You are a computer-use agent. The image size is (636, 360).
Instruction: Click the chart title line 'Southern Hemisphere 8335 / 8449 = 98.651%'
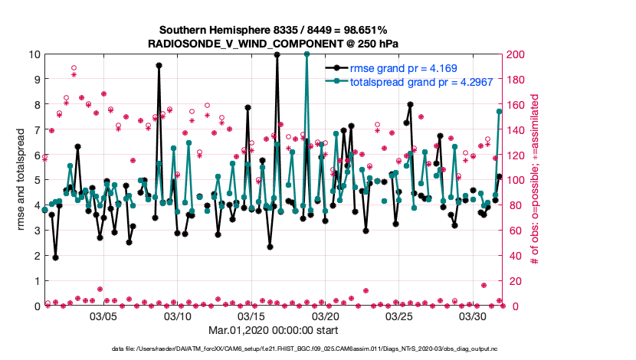pyautogui.click(x=274, y=31)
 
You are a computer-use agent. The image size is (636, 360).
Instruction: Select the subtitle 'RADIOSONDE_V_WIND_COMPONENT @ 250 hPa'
pyautogui.click(x=274, y=44)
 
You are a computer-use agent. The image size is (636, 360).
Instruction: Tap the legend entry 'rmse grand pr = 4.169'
pyautogui.click(x=403, y=68)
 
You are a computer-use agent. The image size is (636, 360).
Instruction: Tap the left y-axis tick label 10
pyautogui.click(x=34, y=54)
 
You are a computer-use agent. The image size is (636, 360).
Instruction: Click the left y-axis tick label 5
pyautogui.click(x=37, y=180)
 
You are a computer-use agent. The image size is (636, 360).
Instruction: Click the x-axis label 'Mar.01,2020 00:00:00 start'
pyautogui.click(x=274, y=330)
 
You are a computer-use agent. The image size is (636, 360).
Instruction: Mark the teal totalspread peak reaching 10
pyautogui.click(x=307, y=54)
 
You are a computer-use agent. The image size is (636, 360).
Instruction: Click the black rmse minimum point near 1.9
pyautogui.click(x=56, y=257)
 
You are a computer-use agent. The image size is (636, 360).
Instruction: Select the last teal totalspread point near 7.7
pyautogui.click(x=500, y=112)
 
